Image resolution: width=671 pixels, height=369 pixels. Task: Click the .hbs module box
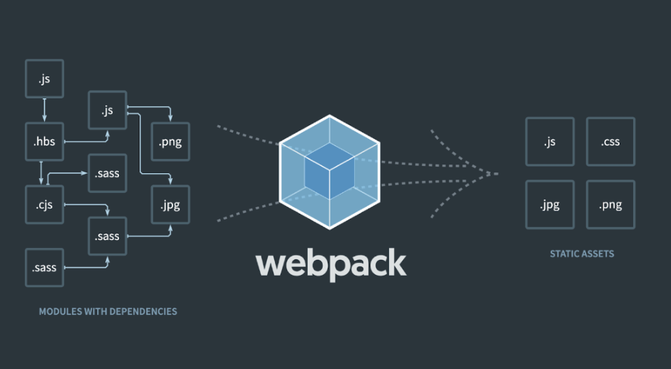44,142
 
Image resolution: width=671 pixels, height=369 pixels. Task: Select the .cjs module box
44,205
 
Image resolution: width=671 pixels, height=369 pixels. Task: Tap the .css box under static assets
610,142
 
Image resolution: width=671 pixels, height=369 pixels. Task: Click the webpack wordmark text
331,263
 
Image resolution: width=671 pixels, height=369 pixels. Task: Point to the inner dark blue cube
329,170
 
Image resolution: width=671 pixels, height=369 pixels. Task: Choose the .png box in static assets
610,205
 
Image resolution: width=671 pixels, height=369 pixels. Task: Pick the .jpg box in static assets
549,205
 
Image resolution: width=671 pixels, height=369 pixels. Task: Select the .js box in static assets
549,142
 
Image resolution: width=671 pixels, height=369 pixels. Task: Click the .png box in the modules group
170,142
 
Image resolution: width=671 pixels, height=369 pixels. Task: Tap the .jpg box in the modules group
170,205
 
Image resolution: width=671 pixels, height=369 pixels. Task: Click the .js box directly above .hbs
44,78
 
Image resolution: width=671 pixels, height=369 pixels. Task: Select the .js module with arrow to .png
108,110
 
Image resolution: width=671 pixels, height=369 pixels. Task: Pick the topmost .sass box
108,173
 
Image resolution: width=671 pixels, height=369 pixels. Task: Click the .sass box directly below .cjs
44,268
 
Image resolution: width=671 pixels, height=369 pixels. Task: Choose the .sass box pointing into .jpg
108,236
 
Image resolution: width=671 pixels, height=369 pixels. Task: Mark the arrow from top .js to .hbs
44,110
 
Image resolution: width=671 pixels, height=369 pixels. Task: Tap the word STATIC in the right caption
564,254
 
